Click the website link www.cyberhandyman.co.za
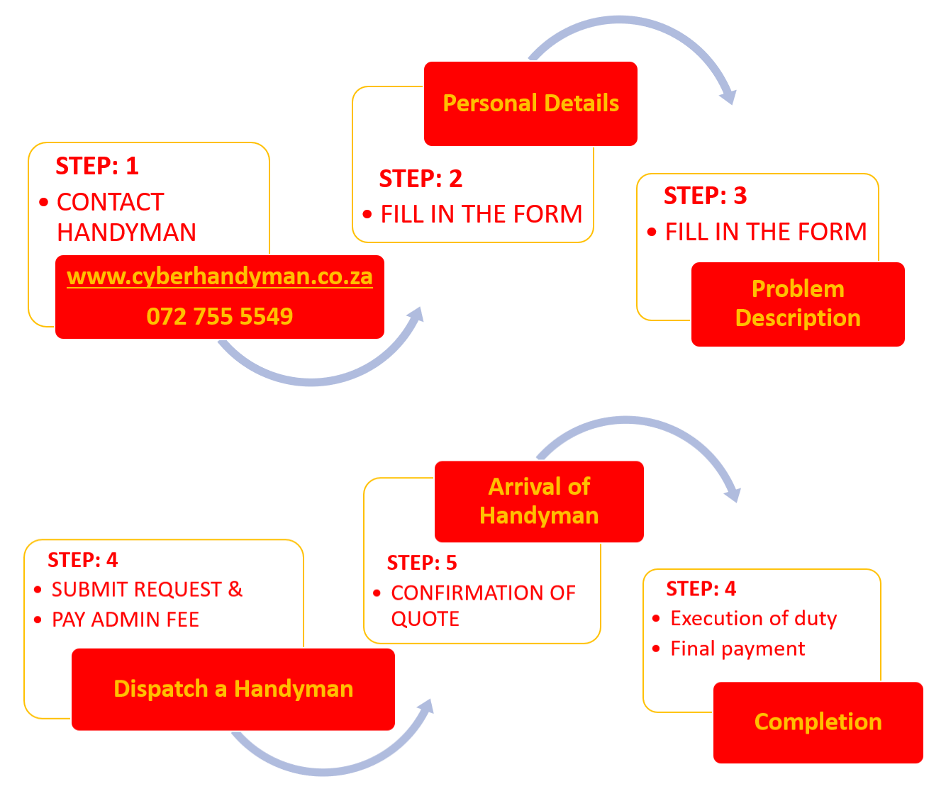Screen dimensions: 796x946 219,276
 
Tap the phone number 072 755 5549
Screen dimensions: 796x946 219,316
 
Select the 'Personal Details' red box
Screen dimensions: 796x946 530,103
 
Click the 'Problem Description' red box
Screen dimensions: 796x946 798,303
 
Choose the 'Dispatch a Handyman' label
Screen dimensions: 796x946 233,689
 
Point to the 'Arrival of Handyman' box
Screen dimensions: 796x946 539,500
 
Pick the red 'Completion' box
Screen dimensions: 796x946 818,722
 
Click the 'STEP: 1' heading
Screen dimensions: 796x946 97,166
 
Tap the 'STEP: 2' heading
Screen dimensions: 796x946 421,179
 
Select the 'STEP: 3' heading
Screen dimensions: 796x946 705,196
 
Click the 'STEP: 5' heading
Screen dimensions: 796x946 422,563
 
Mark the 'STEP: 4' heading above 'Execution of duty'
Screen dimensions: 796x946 701,588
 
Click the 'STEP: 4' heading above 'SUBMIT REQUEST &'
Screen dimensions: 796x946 82,560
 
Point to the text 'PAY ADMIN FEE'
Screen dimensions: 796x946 126,620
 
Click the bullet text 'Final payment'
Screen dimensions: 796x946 738,649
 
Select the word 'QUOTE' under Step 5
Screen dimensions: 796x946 425,619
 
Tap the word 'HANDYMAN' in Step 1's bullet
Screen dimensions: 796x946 126,232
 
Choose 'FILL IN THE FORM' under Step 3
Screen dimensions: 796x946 766,232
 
